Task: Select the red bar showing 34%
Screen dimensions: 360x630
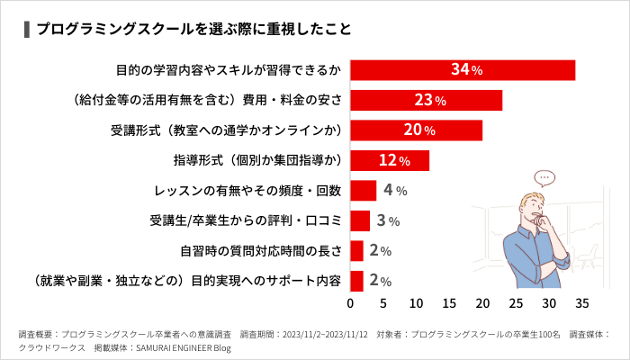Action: [462, 70]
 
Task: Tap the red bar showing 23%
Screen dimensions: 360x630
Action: [426, 100]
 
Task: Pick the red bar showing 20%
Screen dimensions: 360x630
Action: [416, 130]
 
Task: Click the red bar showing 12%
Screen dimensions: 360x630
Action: [389, 161]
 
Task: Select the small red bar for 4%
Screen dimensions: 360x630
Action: [363, 191]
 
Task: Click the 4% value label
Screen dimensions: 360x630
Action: [395, 191]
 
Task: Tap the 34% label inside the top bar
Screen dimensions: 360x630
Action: [466, 70]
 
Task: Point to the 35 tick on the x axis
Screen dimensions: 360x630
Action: [582, 302]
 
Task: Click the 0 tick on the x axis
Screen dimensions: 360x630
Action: [350, 302]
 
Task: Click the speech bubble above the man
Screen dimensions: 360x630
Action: [543, 178]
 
